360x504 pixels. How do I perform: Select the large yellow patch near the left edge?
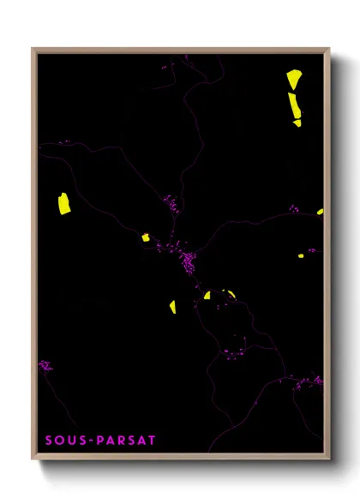[63, 204]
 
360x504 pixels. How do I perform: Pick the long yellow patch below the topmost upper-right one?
[294, 106]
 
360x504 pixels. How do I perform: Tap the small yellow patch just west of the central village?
[145, 237]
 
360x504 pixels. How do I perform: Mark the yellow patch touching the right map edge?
[320, 211]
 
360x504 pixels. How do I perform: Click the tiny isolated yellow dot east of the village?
[301, 255]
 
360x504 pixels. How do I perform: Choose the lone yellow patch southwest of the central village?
[172, 306]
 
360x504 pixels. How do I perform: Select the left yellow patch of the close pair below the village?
[207, 296]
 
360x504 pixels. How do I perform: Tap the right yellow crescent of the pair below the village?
[231, 293]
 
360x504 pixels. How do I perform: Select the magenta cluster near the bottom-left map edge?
[45, 366]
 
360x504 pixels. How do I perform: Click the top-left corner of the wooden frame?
[33, 49]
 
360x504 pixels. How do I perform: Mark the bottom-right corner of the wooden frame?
[329, 459]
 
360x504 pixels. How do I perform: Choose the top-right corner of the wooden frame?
[329, 49]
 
